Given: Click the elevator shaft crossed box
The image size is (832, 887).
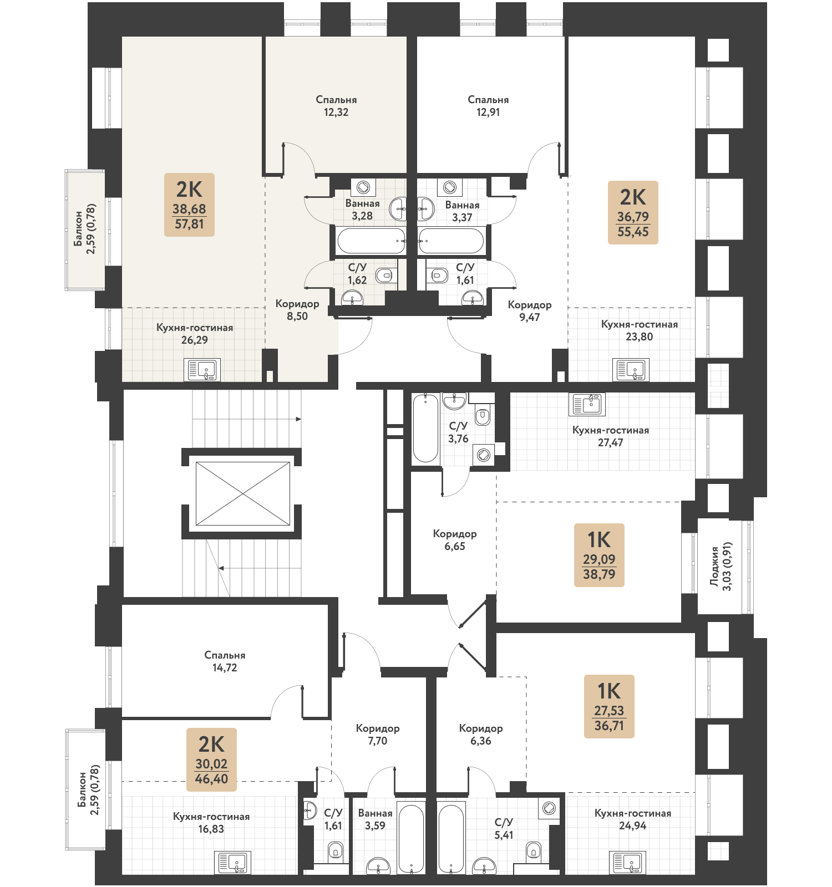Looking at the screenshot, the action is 243,493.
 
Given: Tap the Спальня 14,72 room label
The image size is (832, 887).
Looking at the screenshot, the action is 225,661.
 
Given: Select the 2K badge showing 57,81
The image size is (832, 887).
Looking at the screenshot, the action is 189,205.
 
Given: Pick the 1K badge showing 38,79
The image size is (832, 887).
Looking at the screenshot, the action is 599,555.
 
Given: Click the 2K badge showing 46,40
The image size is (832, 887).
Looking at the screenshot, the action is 211,759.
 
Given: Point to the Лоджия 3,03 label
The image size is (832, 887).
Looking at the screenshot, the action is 721,566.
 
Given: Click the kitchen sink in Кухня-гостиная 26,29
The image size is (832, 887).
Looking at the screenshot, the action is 202,370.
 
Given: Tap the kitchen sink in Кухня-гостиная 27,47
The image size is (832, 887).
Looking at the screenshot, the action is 587,404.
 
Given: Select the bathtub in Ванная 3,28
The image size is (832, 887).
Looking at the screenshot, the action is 371,241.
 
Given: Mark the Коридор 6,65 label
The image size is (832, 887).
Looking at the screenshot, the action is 455,540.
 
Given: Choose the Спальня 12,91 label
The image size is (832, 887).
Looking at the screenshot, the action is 488,106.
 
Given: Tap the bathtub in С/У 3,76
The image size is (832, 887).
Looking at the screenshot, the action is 426,427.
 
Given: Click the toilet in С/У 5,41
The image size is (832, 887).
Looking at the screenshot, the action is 534,849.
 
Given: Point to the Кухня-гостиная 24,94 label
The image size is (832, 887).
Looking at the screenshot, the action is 633,819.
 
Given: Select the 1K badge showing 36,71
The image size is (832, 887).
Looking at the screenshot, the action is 609,706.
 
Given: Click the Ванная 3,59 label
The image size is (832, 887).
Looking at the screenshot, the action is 376,819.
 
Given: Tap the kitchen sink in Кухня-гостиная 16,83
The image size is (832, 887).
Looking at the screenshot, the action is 232,862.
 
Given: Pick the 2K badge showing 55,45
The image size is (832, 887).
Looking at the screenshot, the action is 633,212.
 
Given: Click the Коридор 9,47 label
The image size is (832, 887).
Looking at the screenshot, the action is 530,311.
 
